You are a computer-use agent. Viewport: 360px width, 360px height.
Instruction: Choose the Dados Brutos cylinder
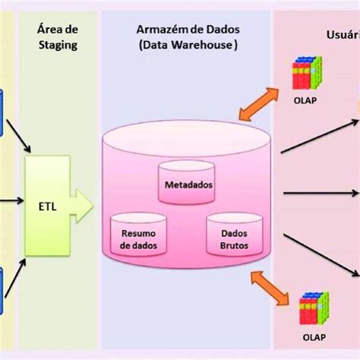click(x=233, y=238)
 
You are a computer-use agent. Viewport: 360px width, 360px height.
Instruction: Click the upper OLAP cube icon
click(x=308, y=74)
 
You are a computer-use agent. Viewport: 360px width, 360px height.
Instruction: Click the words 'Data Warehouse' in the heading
click(x=188, y=45)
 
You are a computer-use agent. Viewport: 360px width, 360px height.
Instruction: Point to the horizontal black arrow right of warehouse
click(x=319, y=194)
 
